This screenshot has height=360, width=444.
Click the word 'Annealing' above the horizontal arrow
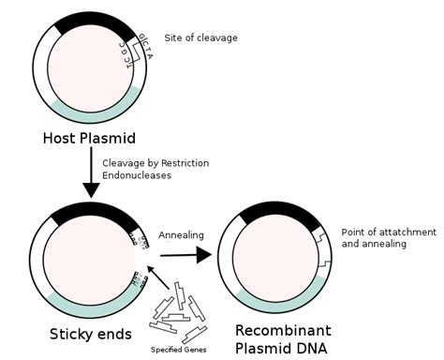point(181,234)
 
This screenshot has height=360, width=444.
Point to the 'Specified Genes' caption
point(179,349)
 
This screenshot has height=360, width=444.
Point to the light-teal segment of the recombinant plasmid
point(281,300)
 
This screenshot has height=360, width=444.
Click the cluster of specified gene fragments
point(180,314)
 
